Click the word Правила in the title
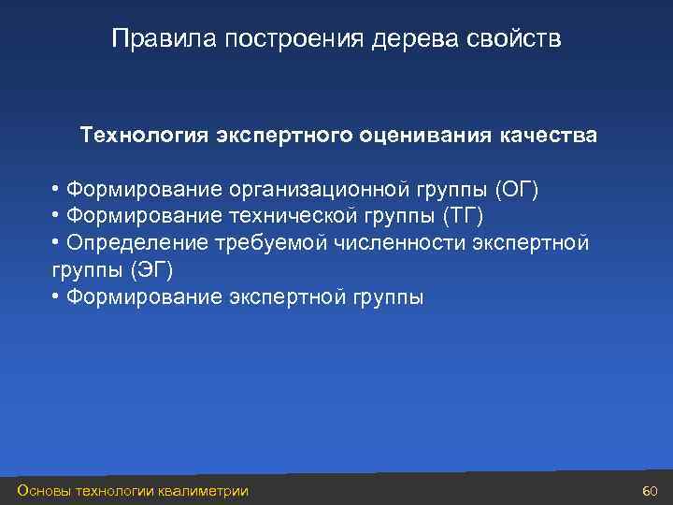tap(151, 39)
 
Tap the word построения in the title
tap(278, 39)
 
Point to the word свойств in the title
tap(515, 39)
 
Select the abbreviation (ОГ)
tap(518, 190)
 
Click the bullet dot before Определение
tap(57, 243)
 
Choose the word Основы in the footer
tap(42, 491)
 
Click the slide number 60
tap(652, 491)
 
